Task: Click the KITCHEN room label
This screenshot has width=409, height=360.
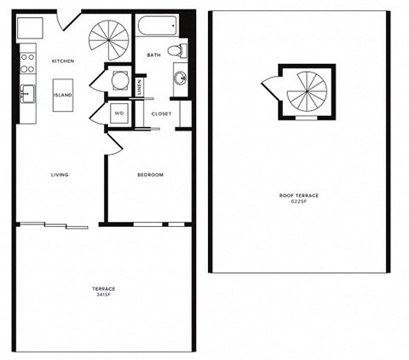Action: pos(63,61)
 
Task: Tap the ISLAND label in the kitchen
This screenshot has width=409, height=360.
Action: pos(63,96)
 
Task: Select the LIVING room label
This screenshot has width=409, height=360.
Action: pos(59,175)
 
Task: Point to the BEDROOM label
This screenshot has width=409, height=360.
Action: pos(150,175)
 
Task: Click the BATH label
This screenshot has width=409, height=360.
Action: pos(153,55)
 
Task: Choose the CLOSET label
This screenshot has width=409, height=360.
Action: pos(161,113)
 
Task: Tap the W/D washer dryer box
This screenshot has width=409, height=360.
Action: pos(118,113)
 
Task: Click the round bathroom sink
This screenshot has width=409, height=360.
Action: pos(181,78)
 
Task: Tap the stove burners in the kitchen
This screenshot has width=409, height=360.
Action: pos(27,62)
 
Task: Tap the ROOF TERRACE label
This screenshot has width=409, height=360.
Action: pos(298,195)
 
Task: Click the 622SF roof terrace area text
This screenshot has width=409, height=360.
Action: pos(298,201)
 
